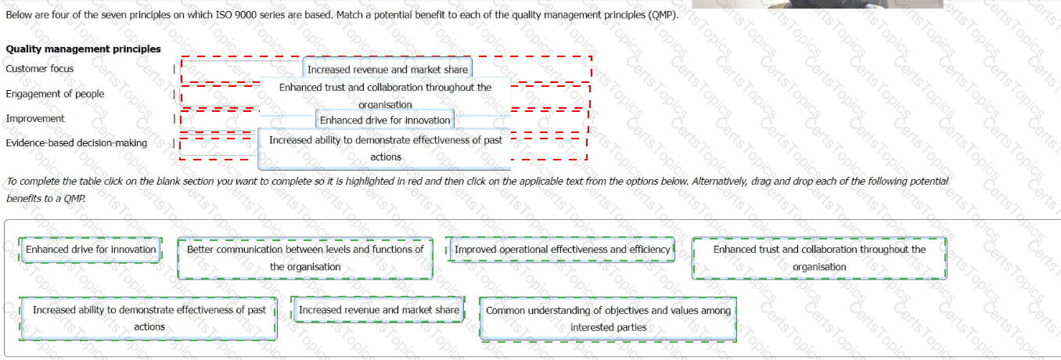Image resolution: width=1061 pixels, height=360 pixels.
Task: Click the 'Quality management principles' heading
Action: tap(83, 49)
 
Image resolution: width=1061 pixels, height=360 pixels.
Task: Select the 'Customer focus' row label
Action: tap(40, 69)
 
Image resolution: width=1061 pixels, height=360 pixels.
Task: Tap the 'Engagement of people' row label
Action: tap(55, 94)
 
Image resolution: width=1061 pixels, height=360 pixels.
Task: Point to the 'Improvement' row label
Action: tap(35, 118)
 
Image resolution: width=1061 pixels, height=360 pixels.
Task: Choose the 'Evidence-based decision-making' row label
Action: tap(76, 143)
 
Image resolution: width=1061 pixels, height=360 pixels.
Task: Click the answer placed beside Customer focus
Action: tap(387, 70)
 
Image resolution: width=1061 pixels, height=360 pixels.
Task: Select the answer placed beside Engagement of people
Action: tap(385, 95)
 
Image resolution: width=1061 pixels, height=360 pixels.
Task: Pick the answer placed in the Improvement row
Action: tap(385, 121)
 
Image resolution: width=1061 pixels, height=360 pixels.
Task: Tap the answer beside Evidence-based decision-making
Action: tap(385, 148)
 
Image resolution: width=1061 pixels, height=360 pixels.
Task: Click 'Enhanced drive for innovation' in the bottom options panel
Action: tap(91, 250)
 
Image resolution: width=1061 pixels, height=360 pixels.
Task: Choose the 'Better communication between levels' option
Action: tap(305, 258)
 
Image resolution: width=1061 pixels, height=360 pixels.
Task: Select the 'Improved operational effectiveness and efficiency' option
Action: tap(562, 250)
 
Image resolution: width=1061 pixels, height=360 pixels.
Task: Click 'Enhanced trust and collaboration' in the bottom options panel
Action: tap(819, 258)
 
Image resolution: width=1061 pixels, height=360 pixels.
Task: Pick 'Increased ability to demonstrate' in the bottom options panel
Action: tap(149, 319)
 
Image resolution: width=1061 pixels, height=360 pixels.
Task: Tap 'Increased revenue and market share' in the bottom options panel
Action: tap(379, 310)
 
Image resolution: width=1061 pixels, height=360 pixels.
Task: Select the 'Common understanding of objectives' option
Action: tap(608, 319)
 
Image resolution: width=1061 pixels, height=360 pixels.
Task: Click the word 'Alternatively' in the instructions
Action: tap(718, 182)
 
